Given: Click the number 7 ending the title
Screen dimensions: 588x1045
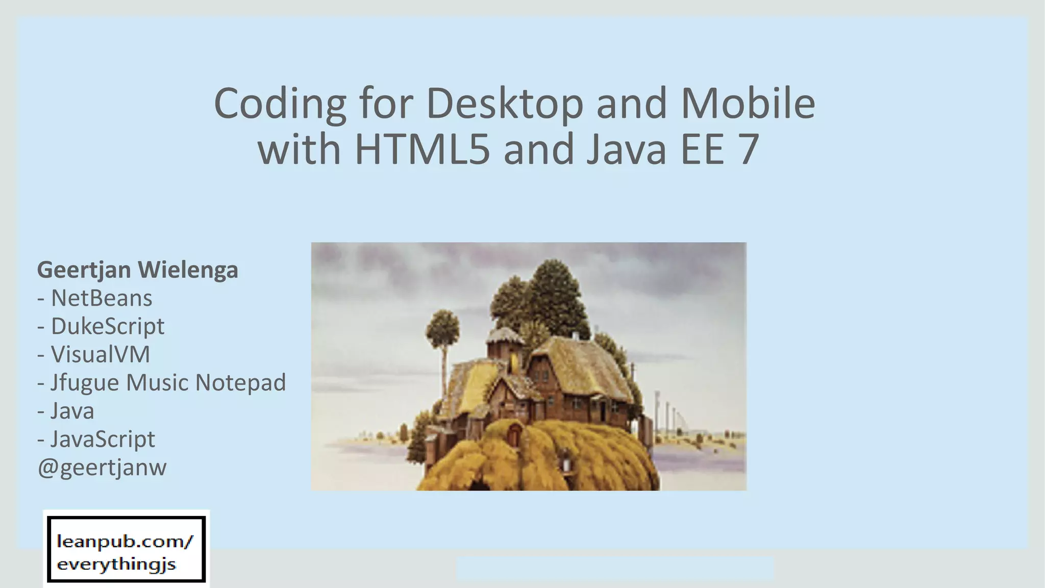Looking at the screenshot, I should click(748, 150).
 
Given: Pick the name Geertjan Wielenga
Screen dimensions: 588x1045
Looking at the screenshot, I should click(137, 270).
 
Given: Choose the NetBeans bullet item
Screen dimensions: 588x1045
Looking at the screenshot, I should click(101, 298).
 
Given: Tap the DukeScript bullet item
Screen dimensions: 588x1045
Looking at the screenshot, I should click(107, 326).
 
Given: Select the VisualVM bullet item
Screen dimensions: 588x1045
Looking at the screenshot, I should click(100, 354).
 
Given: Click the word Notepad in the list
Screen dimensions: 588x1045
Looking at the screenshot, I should click(240, 382).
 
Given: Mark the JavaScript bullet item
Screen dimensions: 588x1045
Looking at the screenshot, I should click(102, 439).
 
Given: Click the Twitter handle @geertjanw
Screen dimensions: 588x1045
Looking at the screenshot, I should click(102, 467).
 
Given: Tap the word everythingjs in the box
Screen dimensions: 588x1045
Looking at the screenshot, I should click(116, 565).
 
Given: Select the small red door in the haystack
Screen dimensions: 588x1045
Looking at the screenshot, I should click(514, 435).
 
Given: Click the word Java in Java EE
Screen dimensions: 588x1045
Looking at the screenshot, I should click(626, 150).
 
